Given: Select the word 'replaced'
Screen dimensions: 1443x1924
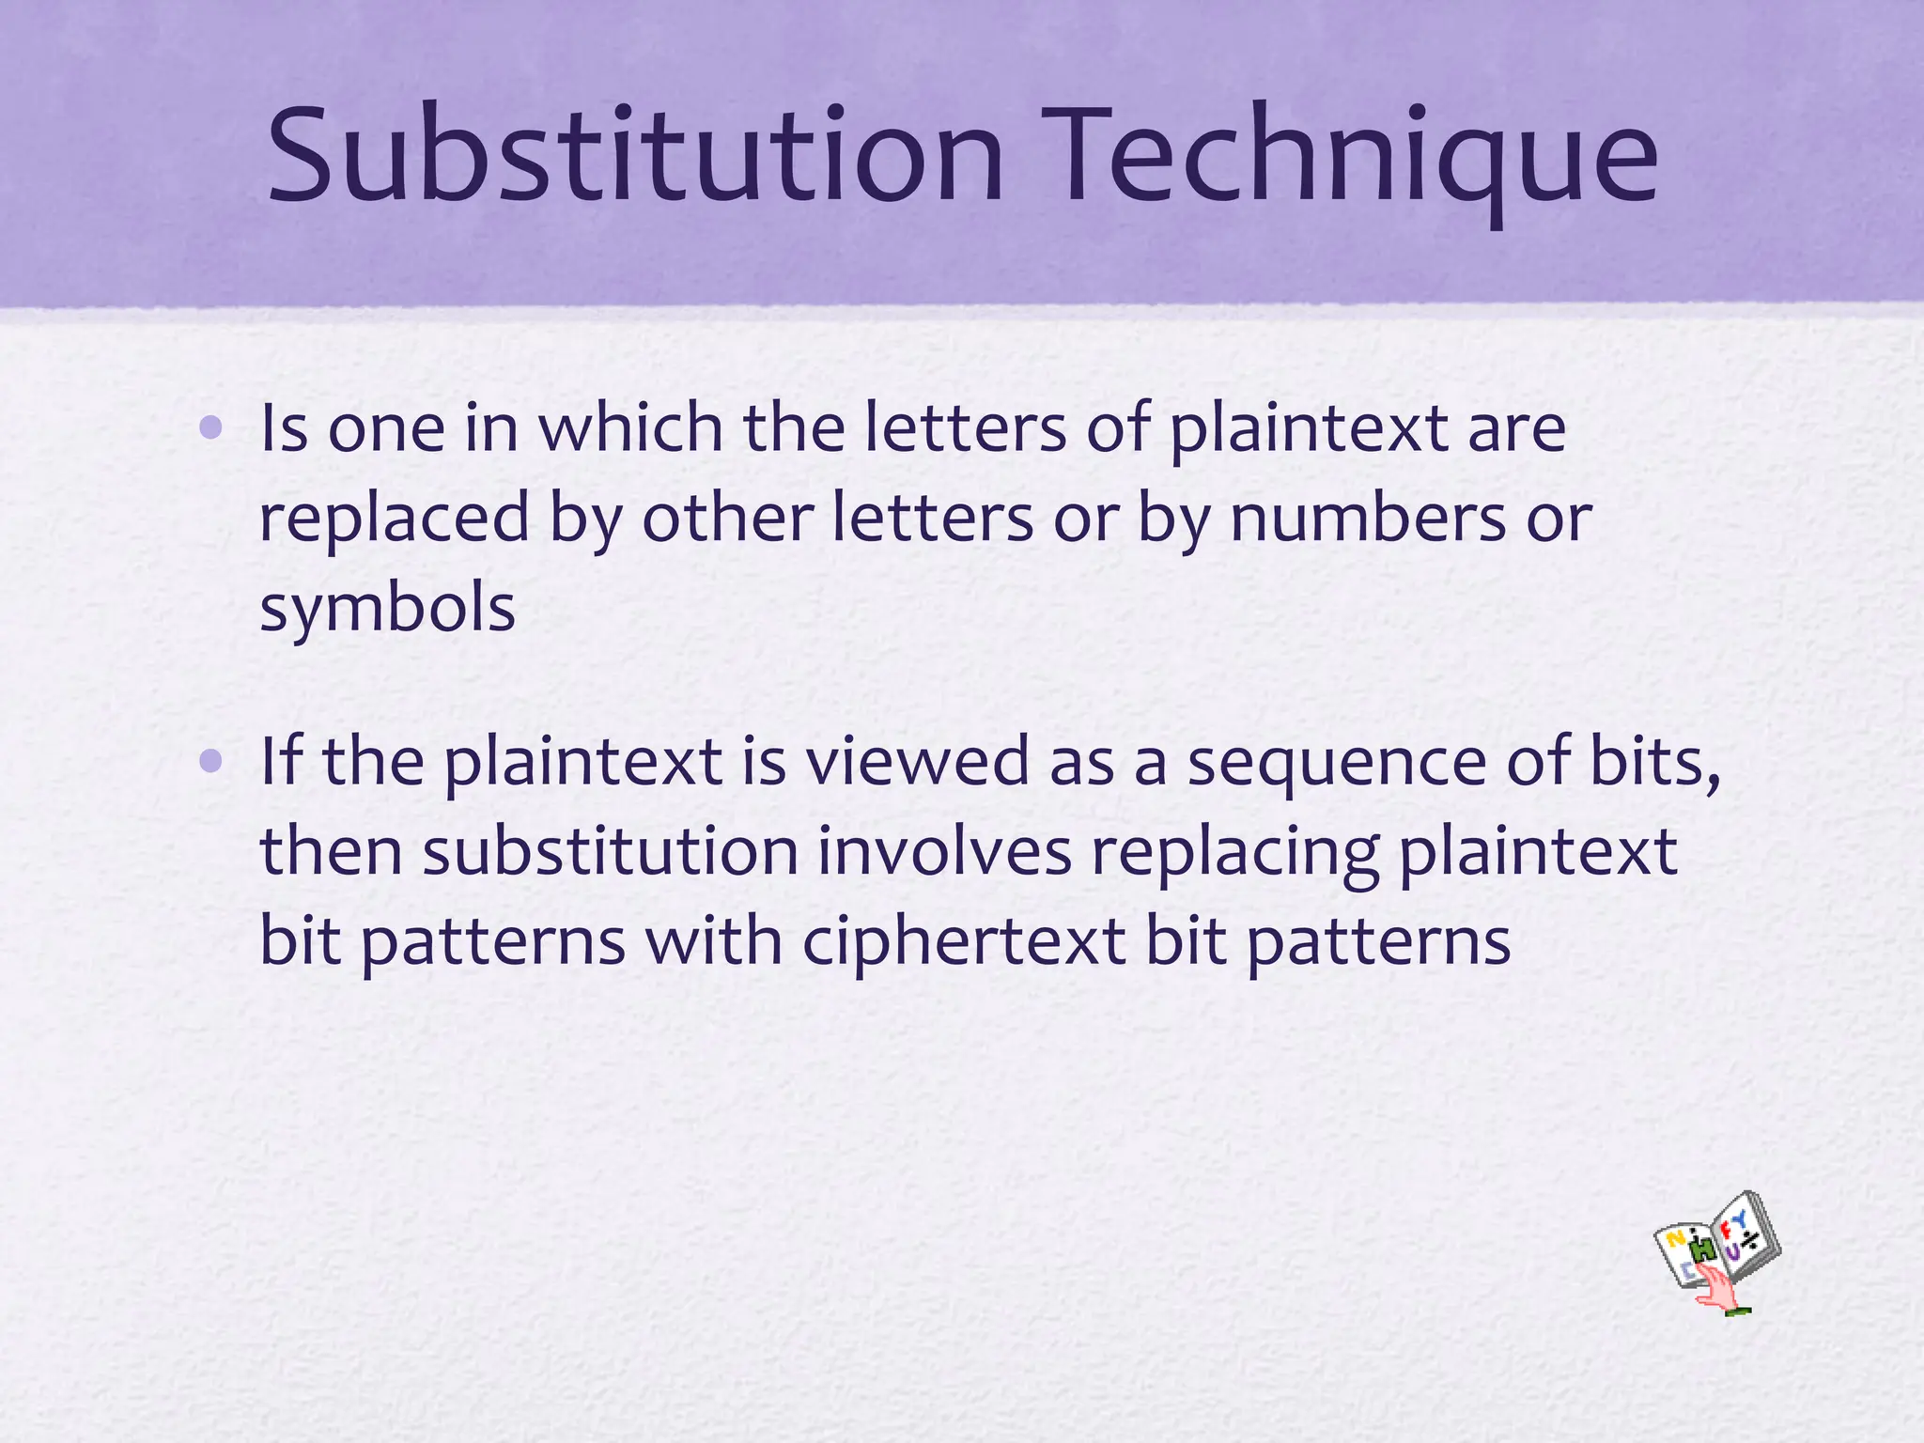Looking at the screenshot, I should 395,519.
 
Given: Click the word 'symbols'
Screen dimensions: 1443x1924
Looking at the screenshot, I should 387,609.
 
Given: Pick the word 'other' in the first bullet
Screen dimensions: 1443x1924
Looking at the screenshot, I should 727,519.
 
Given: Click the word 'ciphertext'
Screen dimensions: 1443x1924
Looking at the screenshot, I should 964,943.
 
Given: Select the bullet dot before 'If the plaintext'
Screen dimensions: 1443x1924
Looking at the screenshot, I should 211,762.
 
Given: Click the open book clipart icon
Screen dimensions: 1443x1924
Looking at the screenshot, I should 1717,1250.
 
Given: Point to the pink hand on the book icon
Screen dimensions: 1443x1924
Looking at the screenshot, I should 1719,1288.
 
